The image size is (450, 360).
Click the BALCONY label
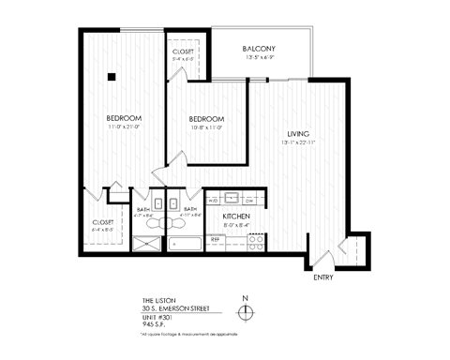[259, 48]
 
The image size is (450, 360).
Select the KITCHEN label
[235, 217]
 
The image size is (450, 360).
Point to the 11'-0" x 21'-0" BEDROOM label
[124, 117]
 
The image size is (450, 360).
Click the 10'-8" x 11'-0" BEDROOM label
[205, 119]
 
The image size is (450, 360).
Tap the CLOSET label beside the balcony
[183, 52]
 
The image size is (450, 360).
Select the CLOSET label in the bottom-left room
[103, 222]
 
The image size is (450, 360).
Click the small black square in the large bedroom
[112, 77]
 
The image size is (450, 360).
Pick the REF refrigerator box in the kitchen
[215, 240]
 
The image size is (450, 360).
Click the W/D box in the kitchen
[213, 201]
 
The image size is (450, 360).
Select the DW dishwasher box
[249, 201]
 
